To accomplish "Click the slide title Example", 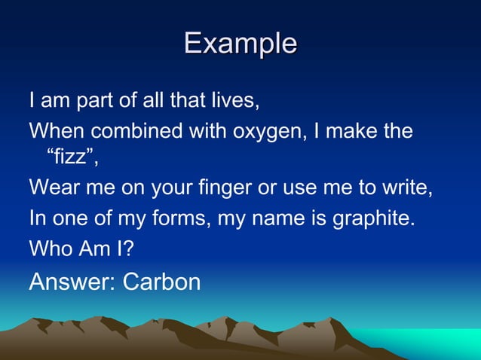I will pos(240,43).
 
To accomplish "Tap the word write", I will pos(411,188).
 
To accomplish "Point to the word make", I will pos(353,131).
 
